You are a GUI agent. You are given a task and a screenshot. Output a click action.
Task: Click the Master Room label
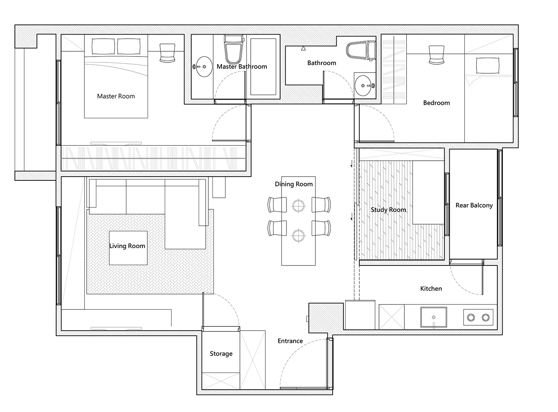[x=116, y=96]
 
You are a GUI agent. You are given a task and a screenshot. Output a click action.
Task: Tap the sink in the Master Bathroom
[x=203, y=67]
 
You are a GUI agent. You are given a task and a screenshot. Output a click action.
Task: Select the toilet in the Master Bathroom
[x=233, y=49]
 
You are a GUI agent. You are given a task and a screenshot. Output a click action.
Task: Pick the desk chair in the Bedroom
[x=436, y=55]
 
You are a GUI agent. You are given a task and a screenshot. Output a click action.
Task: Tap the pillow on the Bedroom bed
[x=488, y=65]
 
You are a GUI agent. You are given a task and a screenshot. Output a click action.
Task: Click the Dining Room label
[x=294, y=184]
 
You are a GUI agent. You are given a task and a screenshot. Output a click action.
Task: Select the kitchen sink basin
[x=434, y=317]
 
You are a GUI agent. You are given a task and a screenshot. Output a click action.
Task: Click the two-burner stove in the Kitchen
[x=478, y=318]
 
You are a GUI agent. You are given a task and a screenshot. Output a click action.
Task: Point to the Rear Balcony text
[x=474, y=206]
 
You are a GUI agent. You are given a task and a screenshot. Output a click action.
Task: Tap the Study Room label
[x=388, y=210]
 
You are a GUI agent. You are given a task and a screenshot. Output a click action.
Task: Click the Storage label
[x=221, y=354]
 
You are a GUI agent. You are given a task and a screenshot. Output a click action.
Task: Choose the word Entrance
[x=290, y=341]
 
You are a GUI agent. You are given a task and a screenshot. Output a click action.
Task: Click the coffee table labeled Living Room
[x=128, y=248]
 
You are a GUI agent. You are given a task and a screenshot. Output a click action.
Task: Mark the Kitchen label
[x=431, y=289]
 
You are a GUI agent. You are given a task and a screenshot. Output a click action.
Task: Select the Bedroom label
[x=436, y=103]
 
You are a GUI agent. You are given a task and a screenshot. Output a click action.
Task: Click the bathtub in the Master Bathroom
[x=263, y=67]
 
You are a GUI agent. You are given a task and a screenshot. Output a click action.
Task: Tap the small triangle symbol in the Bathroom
[x=304, y=48]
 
